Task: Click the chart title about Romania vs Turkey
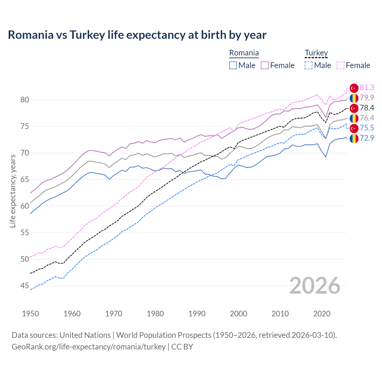137,35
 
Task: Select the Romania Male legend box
233,65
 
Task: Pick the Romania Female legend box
265,65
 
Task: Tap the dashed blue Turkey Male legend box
309,65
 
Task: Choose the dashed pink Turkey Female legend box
341,65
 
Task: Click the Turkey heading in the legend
316,53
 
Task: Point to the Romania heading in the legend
244,53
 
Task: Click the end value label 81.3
367,87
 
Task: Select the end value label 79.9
367,98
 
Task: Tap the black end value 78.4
367,108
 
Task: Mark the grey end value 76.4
367,118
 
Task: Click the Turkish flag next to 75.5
354,128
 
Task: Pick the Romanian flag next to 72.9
354,138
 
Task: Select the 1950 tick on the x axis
30,314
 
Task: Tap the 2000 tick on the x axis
238,314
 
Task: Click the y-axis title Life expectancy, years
13,191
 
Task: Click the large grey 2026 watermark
315,286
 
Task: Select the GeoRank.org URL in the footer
89,347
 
